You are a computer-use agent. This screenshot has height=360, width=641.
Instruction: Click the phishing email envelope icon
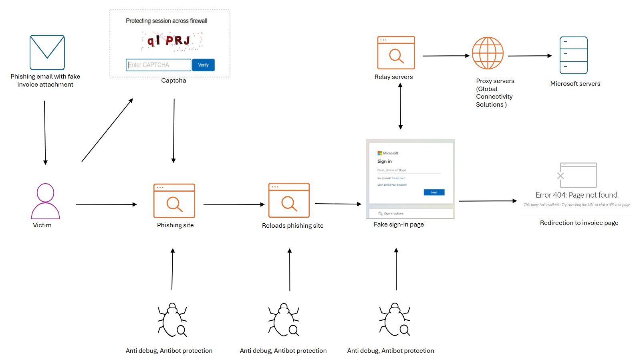point(47,53)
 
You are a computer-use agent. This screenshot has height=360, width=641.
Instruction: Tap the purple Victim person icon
point(45,201)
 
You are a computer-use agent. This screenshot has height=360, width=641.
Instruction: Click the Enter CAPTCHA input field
point(158,65)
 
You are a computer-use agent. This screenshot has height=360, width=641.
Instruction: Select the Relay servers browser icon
point(396,53)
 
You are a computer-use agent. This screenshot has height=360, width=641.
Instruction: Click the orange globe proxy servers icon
point(488,53)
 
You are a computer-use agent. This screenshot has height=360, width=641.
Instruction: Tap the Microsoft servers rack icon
point(573,55)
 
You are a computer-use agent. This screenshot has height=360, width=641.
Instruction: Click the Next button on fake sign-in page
point(434,192)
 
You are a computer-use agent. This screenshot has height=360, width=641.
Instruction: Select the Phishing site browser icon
point(174,201)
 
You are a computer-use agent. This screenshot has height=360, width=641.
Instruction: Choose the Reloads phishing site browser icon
point(289,200)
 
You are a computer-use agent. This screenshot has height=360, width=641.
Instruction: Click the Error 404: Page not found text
point(577,195)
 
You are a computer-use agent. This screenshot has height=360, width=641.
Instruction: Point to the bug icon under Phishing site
point(172,320)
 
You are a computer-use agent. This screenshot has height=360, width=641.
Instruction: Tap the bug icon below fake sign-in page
point(395,320)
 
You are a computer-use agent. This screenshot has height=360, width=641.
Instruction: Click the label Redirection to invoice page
point(579,223)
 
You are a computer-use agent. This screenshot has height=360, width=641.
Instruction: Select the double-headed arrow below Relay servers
point(400,106)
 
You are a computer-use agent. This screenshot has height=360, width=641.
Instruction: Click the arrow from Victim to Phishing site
point(106,204)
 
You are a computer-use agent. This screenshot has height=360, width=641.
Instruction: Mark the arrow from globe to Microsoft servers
point(530,56)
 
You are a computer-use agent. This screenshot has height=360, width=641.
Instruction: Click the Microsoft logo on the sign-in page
point(380,153)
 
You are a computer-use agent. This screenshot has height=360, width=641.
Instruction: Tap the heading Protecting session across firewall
point(166,21)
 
